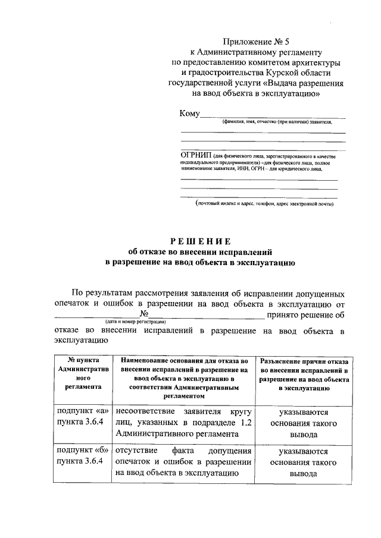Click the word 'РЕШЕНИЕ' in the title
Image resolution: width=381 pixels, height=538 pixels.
point(200,240)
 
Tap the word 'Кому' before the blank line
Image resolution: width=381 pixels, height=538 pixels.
point(189,114)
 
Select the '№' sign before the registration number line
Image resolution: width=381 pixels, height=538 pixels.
point(143,314)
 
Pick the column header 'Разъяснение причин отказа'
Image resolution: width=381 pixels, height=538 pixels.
point(304,373)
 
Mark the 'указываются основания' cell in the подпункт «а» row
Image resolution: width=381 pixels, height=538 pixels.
point(304,423)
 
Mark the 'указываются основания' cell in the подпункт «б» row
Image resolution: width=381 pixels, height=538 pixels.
point(304,462)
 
